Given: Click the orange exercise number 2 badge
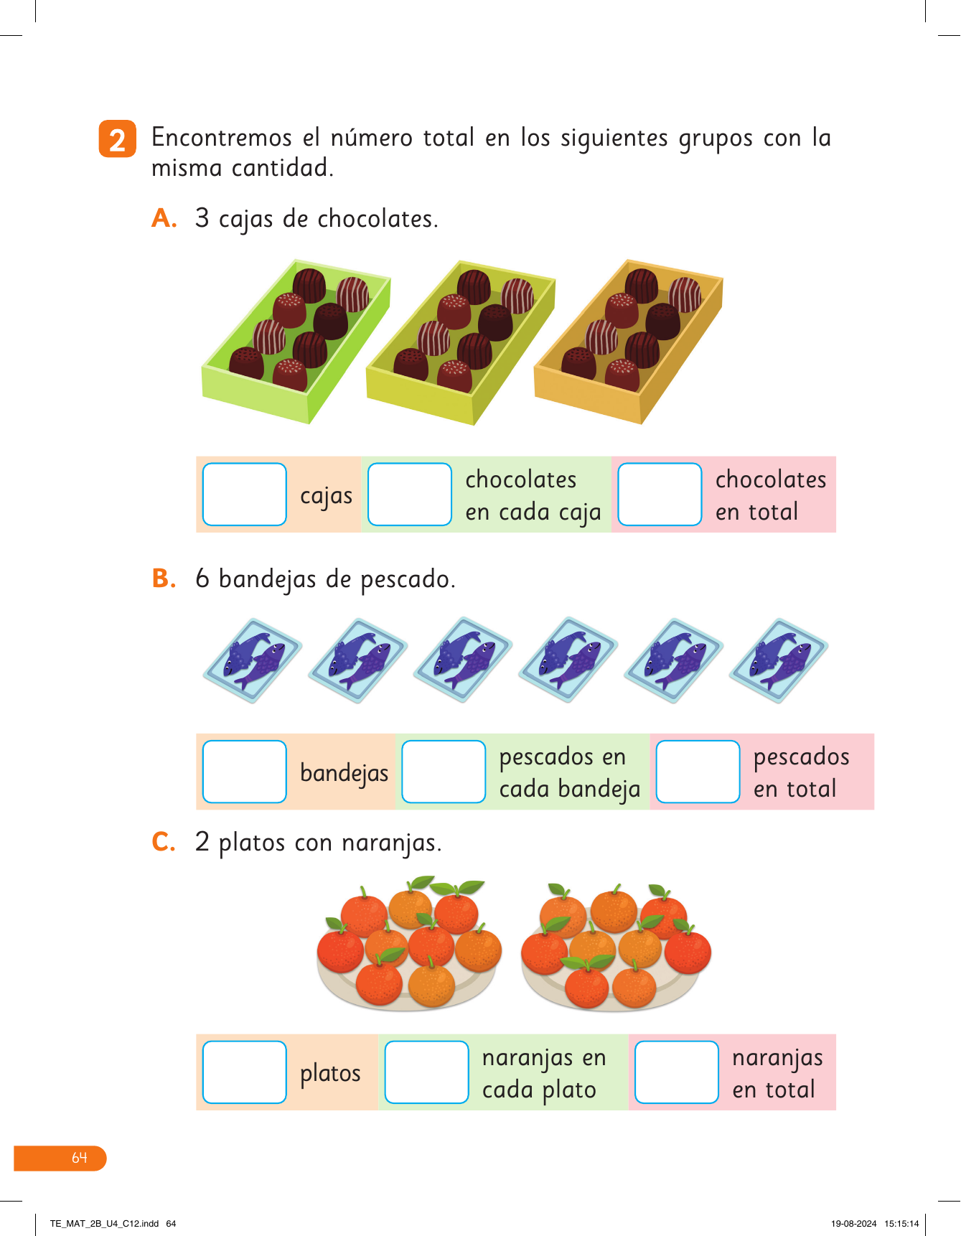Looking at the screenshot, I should coord(117,139).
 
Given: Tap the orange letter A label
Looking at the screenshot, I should coord(164,218).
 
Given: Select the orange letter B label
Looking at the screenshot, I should coord(164,579).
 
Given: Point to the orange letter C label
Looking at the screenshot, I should coord(164,842).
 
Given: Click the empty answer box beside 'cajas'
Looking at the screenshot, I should coord(245,495).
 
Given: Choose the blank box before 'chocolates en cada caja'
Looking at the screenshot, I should coord(409,495).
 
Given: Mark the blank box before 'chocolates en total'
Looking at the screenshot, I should coord(660,495).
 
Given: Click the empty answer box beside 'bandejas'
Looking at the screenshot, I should coord(245,772).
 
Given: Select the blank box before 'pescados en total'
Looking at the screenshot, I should coord(698,772).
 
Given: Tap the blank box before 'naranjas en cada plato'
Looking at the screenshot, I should coord(426,1072).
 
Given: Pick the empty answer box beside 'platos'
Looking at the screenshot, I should coord(245,1072).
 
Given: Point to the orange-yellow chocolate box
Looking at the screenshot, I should coord(628,341).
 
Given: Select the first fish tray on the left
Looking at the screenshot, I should coord(252,660).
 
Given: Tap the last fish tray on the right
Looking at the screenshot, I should coord(779,660).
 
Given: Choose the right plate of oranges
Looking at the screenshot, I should coord(615,947).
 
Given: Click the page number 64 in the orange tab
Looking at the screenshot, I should coord(79,1158).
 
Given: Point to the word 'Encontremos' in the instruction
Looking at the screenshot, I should coord(221,137).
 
